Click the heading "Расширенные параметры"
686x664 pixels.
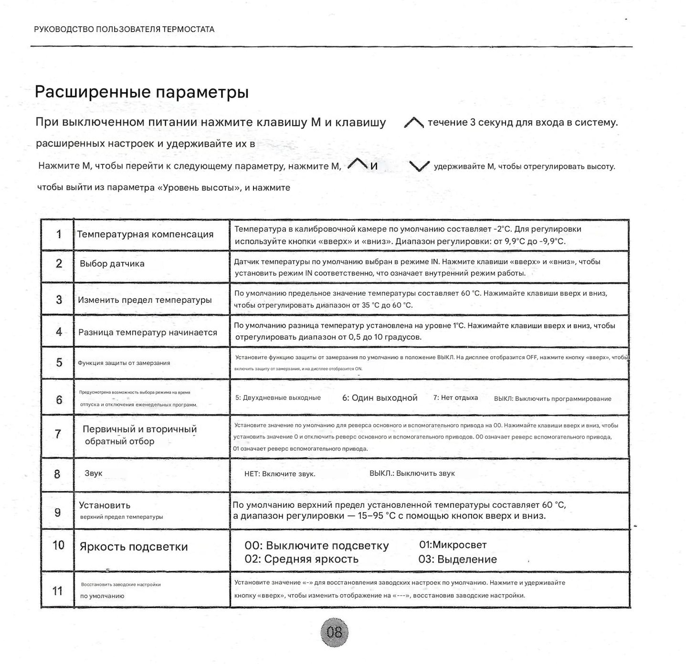[142, 92]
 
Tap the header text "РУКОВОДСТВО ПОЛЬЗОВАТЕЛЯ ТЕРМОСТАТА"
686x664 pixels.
[124, 30]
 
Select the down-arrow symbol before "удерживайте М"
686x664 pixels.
[419, 166]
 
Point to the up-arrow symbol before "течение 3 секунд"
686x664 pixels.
[414, 123]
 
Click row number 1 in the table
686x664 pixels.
[59, 234]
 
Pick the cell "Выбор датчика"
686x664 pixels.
[112, 263]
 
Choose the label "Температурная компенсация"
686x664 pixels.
[145, 234]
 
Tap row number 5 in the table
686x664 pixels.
[59, 362]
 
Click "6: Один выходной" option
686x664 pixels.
[380, 398]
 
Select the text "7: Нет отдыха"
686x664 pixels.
[456, 397]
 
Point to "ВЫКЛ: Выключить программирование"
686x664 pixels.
[553, 398]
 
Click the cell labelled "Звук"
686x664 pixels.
[93, 473]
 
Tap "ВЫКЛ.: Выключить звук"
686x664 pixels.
[412, 474]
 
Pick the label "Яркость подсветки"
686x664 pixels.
[134, 547]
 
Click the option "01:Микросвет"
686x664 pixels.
[453, 545]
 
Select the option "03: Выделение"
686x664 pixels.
[458, 559]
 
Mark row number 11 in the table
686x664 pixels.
[57, 591]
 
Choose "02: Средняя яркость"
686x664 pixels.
[301, 559]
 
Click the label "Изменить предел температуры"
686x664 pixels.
[145, 300]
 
